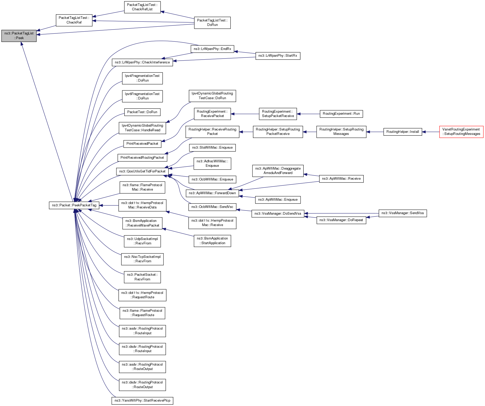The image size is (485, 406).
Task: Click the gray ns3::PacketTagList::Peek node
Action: pos(19,36)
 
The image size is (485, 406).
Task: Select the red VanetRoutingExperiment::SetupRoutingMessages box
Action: pos(461,132)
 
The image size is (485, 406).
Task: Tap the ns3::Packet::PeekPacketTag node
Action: pos(74,205)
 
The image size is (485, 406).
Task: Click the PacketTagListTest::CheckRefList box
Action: pos(142,7)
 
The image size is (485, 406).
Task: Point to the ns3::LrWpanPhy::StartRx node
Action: pos(278,56)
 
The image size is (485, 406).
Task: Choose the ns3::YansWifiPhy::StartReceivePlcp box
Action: pos(142,401)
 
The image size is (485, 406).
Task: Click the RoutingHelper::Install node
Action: pos(402,132)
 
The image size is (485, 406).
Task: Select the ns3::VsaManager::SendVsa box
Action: pos(402,213)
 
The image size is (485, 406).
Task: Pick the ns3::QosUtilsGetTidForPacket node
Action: pos(142,171)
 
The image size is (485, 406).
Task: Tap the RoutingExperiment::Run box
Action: pos(341,114)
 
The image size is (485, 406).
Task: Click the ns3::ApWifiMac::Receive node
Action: pos(341,179)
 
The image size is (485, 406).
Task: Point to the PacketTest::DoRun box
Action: pos(142,112)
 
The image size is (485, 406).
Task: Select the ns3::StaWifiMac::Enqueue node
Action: pos(212,148)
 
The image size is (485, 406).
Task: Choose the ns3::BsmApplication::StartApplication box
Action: pos(212,241)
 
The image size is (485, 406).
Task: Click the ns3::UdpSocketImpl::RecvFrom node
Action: pos(142,241)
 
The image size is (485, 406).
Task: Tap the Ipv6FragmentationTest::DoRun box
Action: pos(142,96)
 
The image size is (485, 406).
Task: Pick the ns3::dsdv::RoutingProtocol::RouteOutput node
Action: pos(142,385)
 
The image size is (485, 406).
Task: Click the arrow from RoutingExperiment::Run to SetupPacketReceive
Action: pos(308,114)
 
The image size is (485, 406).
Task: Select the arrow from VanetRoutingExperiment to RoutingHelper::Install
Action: pos(431,132)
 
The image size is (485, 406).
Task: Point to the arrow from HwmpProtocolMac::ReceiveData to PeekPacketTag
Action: pos(109,205)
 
